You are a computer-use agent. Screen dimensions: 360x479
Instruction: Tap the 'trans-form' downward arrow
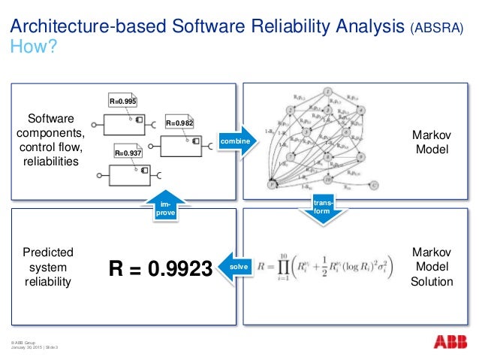point(321,206)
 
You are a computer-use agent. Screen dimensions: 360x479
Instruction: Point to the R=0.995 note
point(122,101)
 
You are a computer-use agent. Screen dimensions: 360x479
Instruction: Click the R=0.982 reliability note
point(179,123)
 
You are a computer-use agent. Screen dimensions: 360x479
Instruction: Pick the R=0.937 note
point(128,152)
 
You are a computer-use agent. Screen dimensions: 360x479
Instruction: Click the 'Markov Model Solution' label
point(432,267)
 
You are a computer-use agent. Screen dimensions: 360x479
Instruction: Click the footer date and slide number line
point(35,347)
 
